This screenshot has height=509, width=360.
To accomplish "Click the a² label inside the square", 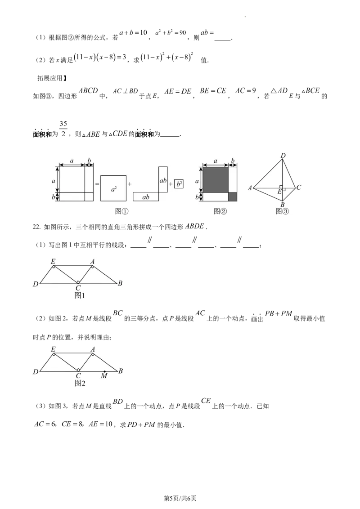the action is [x=113, y=188].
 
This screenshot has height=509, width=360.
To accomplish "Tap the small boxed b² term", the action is [x=178, y=184].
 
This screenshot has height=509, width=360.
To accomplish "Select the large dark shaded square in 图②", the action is [x=216, y=179].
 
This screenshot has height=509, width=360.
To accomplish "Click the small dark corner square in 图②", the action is [x=233, y=196].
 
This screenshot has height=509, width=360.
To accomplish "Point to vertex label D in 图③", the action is [x=283, y=156].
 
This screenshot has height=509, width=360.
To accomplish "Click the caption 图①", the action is [x=121, y=211].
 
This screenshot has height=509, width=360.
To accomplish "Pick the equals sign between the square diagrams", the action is [x=97, y=184].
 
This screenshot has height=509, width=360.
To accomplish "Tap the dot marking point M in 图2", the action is [x=104, y=371].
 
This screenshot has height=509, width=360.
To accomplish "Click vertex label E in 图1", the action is [x=53, y=261].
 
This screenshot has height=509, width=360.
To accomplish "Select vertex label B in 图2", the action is [x=121, y=371].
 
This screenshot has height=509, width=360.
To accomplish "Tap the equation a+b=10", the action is [x=133, y=33].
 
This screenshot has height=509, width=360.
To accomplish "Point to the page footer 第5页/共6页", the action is [x=180, y=498].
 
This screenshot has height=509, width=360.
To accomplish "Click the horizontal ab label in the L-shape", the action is [x=146, y=197].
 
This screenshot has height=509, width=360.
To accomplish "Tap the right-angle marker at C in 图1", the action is [x=78, y=281].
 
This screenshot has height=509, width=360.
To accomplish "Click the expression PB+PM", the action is [x=279, y=313].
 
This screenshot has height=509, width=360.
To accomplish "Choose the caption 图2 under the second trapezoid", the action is [x=80, y=384].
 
